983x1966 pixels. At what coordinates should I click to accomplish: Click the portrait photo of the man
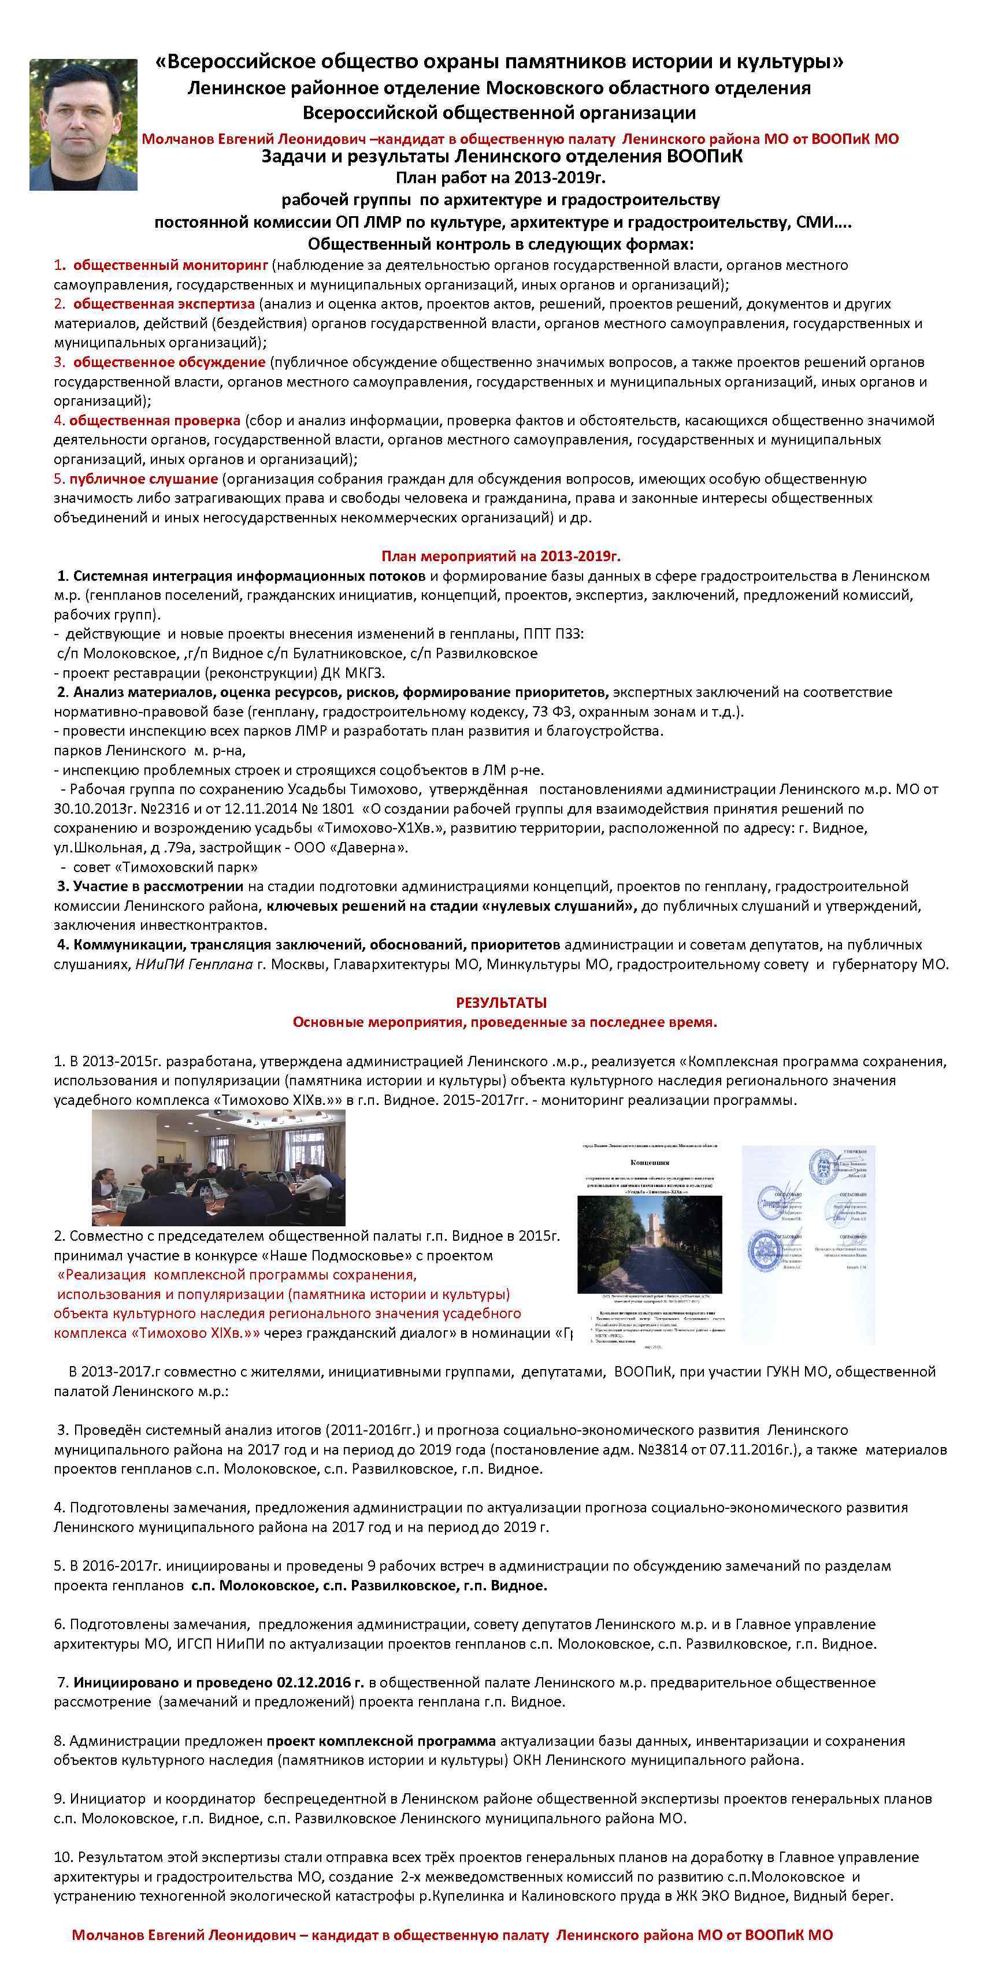[83, 124]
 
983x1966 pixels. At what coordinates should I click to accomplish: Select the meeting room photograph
[218, 1168]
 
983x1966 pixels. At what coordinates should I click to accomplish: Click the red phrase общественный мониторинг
[170, 265]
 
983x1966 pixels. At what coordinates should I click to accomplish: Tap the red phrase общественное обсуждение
[169, 362]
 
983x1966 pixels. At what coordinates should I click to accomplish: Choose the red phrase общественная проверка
[154, 421]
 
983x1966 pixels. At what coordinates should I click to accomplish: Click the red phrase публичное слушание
[143, 478]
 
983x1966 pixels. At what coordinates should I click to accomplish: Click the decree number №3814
[702, 1450]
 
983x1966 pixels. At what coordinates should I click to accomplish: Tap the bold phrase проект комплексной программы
[381, 1741]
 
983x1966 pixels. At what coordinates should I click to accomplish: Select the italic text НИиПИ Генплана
[194, 964]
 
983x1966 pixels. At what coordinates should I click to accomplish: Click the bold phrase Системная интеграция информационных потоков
[249, 576]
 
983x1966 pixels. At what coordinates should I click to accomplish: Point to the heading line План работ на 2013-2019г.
[500, 178]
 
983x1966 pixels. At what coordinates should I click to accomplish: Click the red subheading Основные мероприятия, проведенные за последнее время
[505, 1022]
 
